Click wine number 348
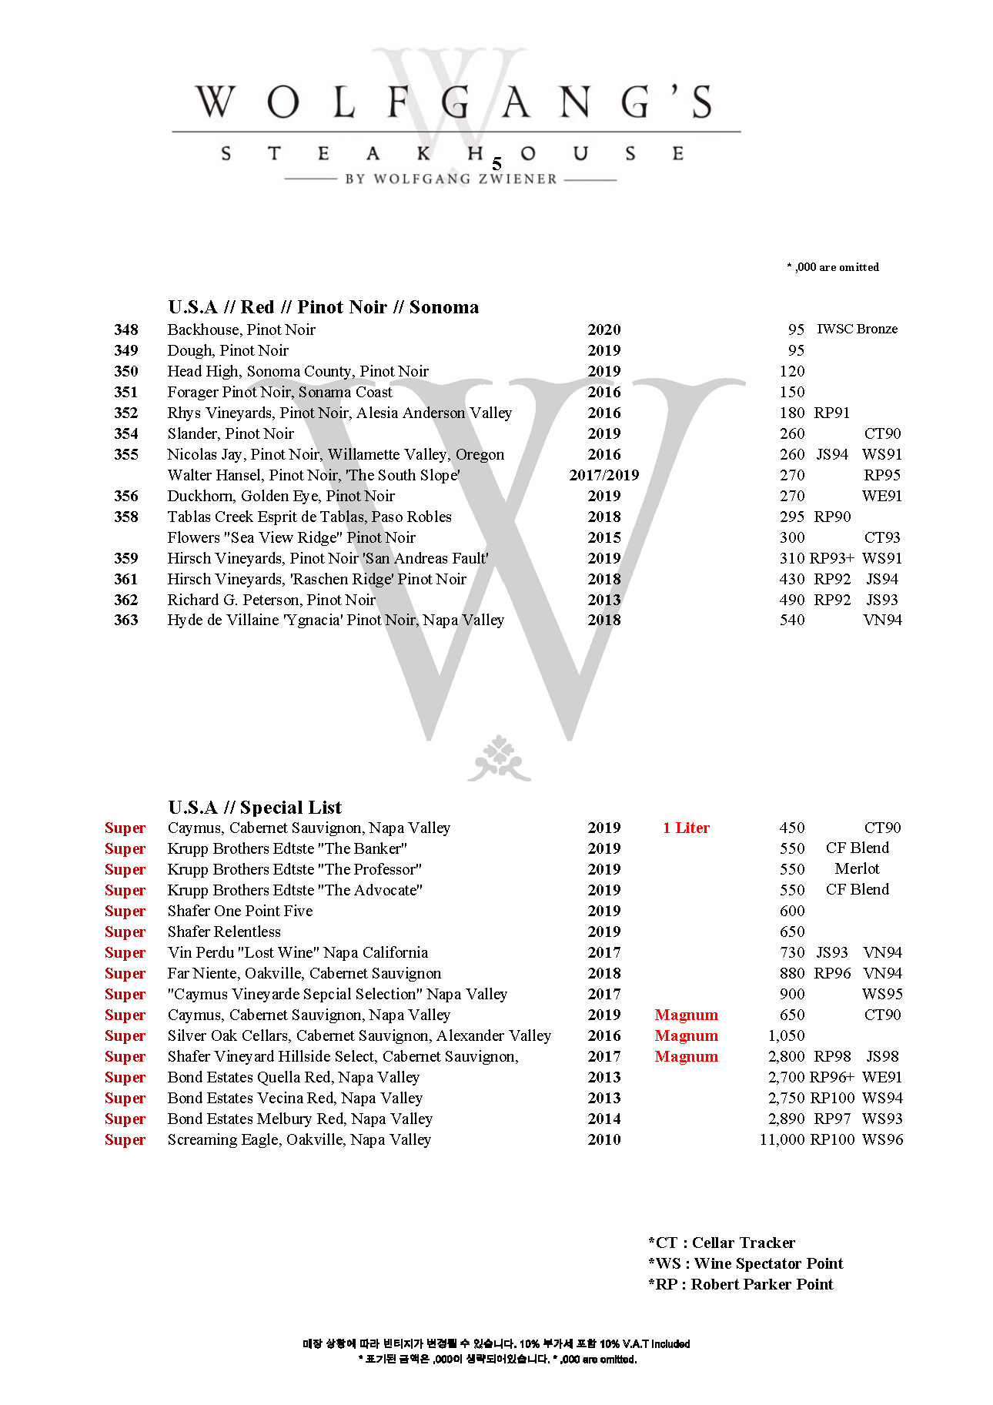click(125, 330)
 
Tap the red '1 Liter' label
click(686, 828)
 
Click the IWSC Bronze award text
click(857, 329)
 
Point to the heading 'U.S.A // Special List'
click(255, 807)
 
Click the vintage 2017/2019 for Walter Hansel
click(603, 475)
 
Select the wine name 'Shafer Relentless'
click(224, 932)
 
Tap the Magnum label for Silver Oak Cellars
click(686, 1035)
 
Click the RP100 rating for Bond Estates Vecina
click(832, 1098)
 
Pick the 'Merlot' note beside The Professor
click(857, 868)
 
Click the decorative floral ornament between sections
click(499, 758)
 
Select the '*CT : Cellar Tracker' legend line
click(721, 1243)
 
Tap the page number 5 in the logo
click(496, 164)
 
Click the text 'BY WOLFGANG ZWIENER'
click(451, 179)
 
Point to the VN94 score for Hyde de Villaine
click(882, 620)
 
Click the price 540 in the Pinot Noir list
click(792, 620)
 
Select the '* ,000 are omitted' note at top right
click(832, 267)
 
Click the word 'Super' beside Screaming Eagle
click(125, 1139)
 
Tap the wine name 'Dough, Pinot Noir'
click(228, 350)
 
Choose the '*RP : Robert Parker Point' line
click(741, 1284)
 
